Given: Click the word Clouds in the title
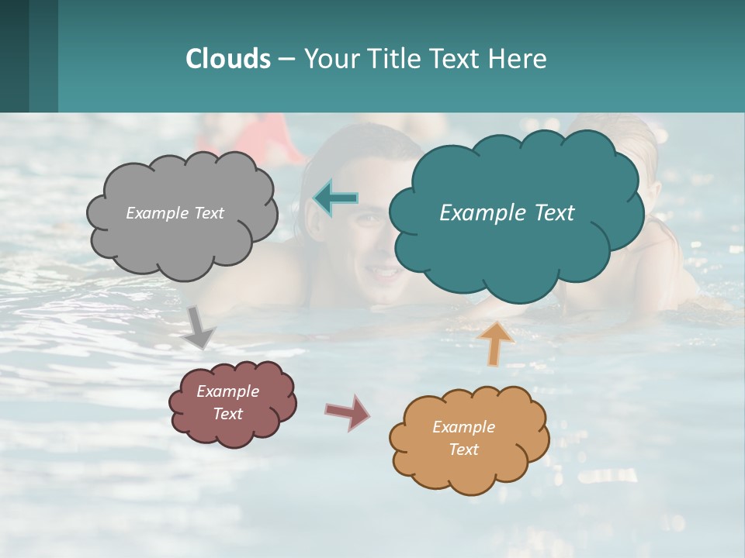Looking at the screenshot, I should pos(227,59).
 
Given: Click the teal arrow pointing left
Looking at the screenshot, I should pos(335,198).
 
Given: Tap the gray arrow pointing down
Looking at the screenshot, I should pos(199,326).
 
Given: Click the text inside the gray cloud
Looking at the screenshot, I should pos(175,213).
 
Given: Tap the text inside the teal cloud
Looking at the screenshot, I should pos(507,213).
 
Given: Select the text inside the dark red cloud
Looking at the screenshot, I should pos(227,402).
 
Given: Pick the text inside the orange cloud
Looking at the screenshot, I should pos(463,438).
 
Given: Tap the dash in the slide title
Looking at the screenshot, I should pos(286,60).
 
